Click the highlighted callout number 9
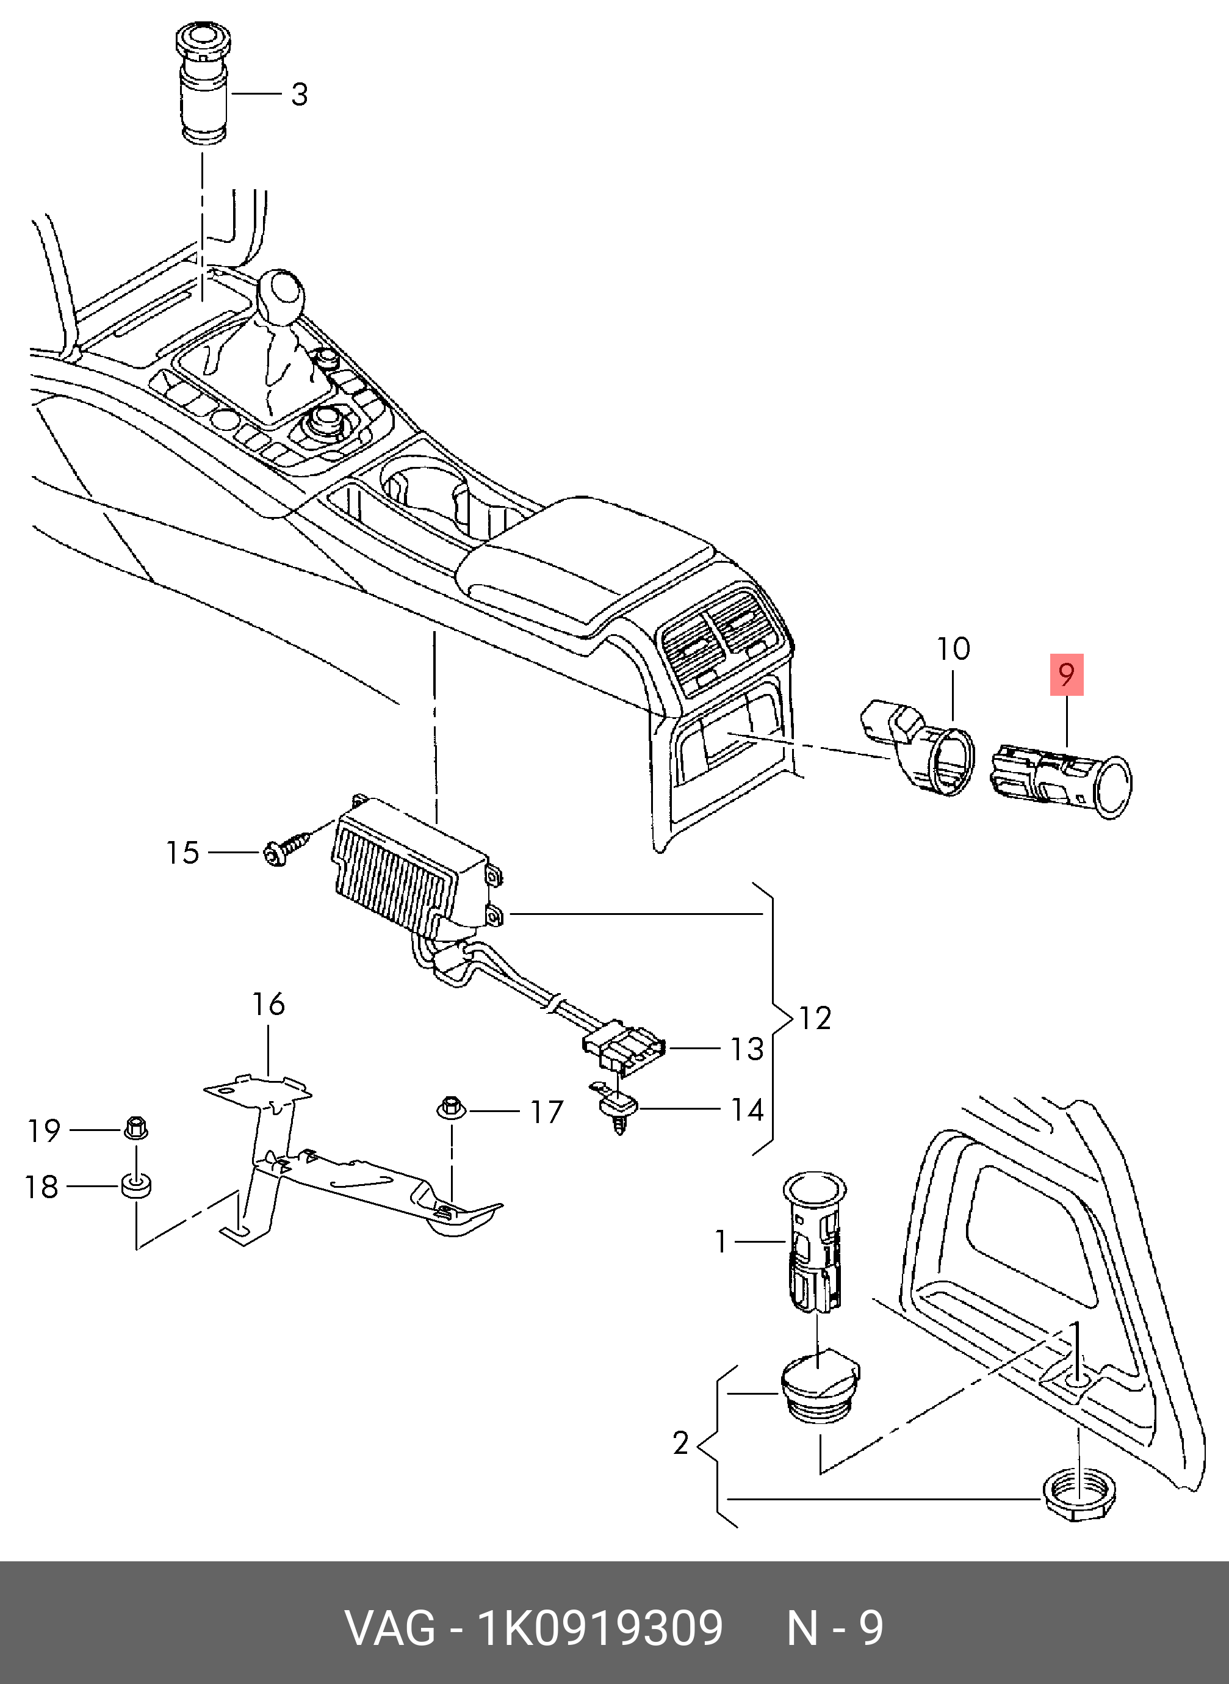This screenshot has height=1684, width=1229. coord(1066,675)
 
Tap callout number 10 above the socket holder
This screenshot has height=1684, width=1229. coord(953,649)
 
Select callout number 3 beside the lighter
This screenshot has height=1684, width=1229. coord(299,95)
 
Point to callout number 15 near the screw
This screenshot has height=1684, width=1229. coord(182,853)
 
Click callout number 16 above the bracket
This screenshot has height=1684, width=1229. coord(268,1004)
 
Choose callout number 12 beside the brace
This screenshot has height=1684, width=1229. coord(815,1018)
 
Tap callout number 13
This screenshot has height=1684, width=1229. coord(747,1049)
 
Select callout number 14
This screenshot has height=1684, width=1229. coord(747,1110)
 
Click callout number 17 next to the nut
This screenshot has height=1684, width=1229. coord(547,1113)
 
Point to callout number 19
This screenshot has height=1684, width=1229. coord(44,1130)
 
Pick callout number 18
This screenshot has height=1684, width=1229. coord(41,1187)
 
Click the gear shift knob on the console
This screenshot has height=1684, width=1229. coord(281,294)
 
